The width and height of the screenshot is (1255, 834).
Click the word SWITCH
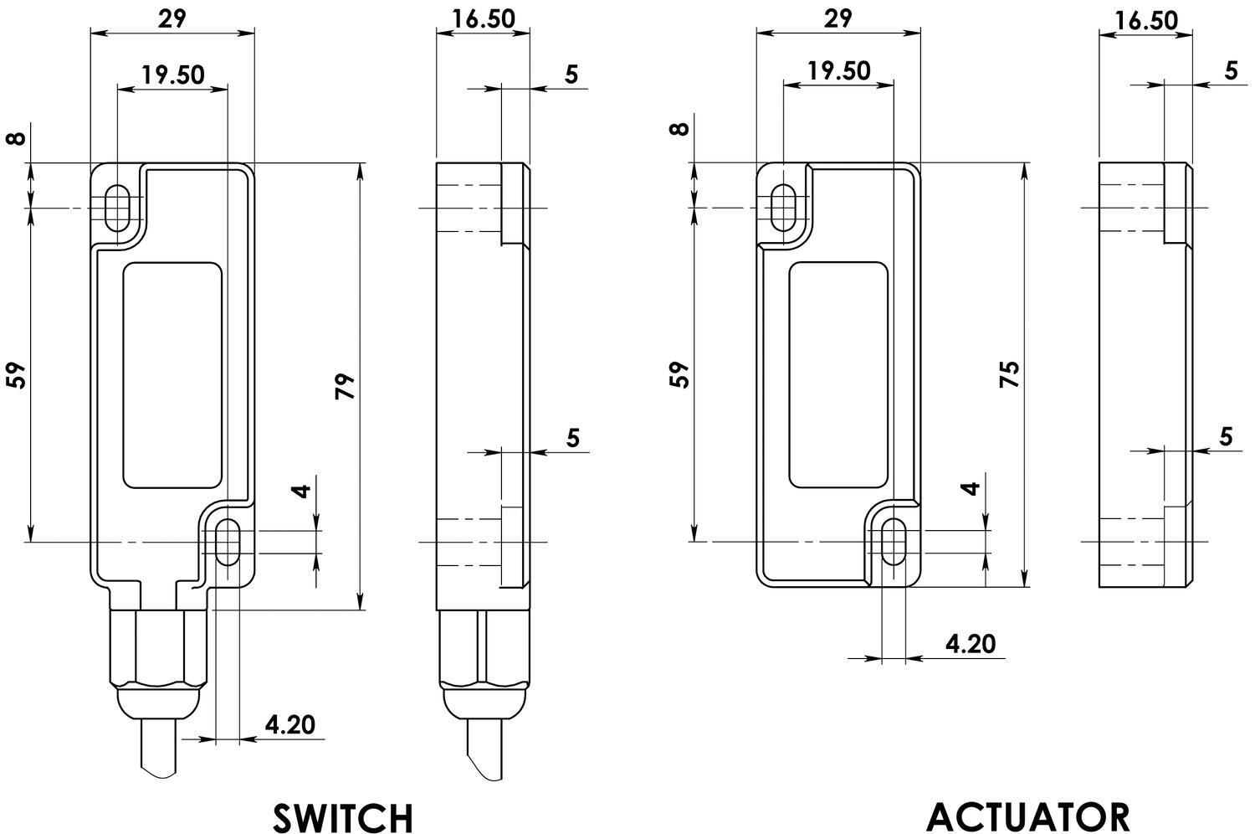click(343, 818)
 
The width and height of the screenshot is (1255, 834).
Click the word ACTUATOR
click(1027, 817)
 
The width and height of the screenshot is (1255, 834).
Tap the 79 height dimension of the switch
click(345, 386)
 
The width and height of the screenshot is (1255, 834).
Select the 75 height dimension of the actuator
click(1010, 374)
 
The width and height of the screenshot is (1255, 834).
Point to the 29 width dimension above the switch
click(172, 18)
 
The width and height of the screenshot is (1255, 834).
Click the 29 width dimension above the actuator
click(838, 18)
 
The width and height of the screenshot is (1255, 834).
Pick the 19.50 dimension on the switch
click(172, 75)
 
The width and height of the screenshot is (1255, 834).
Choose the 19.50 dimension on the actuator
click(838, 70)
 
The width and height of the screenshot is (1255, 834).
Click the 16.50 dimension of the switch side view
click(484, 18)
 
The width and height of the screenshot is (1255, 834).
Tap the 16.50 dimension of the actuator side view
click(1146, 21)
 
